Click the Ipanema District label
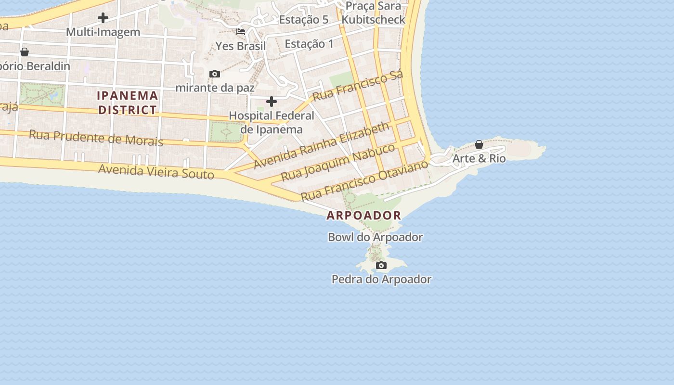click(x=128, y=103)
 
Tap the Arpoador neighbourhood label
click(x=364, y=215)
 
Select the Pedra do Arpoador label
click(x=381, y=279)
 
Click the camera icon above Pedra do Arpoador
click(x=381, y=266)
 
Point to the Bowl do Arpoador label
click(x=375, y=237)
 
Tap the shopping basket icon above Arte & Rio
click(x=479, y=144)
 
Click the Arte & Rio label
click(x=479, y=158)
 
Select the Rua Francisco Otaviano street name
click(x=364, y=181)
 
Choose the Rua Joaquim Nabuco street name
click(x=338, y=162)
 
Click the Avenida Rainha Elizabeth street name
click(x=322, y=145)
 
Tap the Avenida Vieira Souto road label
click(x=156, y=171)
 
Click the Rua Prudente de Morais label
click(x=96, y=138)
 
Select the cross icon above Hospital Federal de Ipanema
click(x=272, y=102)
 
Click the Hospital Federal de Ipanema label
click(x=272, y=122)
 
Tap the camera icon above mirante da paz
click(x=215, y=74)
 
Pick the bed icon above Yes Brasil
click(x=241, y=32)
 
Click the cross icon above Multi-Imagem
click(x=103, y=18)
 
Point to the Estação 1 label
click(x=309, y=44)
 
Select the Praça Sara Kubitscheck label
click(x=374, y=13)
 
